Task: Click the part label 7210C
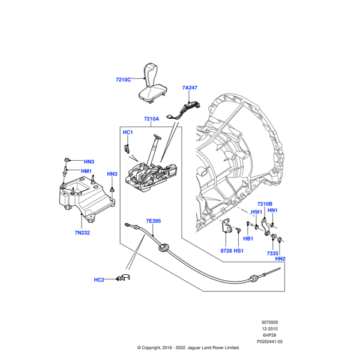click(x=124, y=79)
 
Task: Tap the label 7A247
click(x=190, y=88)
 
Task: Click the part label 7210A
click(x=151, y=119)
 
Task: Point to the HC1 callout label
click(x=127, y=132)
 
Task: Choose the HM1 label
click(x=86, y=171)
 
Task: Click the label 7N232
click(x=82, y=232)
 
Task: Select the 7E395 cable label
click(x=153, y=221)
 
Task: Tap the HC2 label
click(x=99, y=280)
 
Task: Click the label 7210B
click(x=265, y=204)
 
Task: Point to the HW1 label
click(x=256, y=212)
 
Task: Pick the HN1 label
click(x=272, y=211)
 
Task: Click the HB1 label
click(x=248, y=239)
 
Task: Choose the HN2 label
click(x=280, y=259)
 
